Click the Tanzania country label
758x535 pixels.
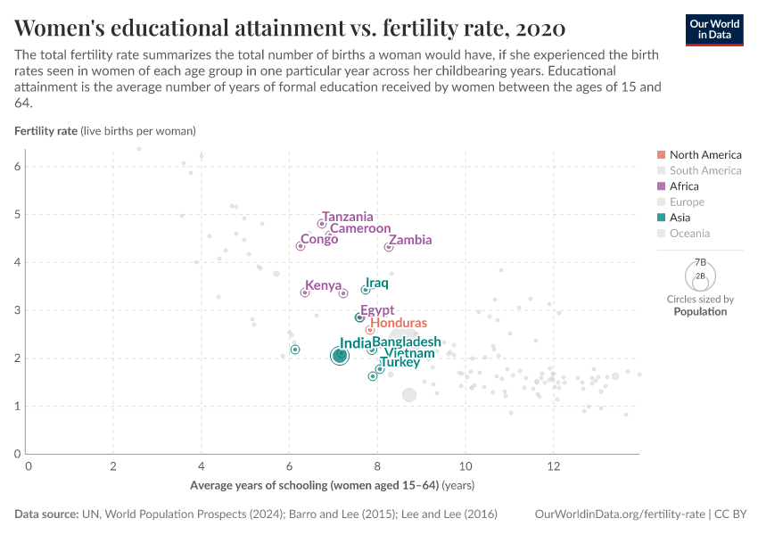(347, 217)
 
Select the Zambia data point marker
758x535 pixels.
(389, 247)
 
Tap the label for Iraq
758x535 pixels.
(376, 284)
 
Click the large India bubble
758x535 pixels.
(340, 356)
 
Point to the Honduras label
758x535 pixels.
(398, 323)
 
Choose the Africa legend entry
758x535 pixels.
(684, 186)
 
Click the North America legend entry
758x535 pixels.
(704, 155)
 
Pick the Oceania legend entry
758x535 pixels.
(689, 234)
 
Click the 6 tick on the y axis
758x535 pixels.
(18, 167)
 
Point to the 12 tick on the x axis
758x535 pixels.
(553, 466)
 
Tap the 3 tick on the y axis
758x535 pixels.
(18, 310)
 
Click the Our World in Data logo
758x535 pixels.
(714, 29)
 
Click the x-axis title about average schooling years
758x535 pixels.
(332, 486)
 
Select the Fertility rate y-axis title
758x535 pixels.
(46, 131)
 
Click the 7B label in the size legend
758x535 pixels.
(701, 262)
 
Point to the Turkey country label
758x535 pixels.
(399, 362)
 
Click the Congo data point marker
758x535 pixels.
(301, 246)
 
